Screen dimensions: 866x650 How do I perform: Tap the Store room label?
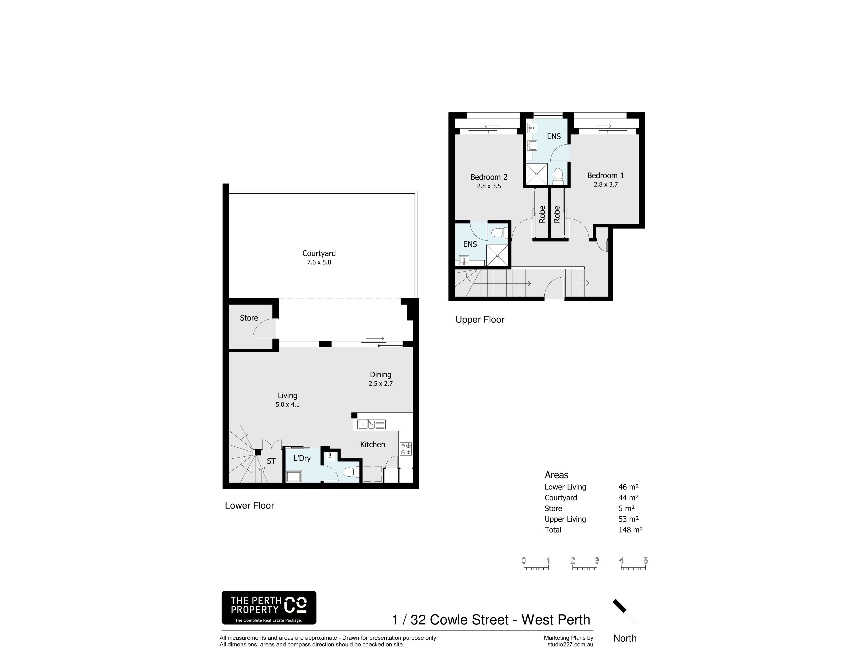click(x=249, y=318)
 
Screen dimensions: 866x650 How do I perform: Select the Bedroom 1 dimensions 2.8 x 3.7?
click(x=606, y=185)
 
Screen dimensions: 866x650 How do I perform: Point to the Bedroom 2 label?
click(x=489, y=177)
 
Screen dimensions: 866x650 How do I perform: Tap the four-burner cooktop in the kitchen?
click(x=405, y=449)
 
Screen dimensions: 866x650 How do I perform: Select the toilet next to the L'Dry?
click(x=351, y=472)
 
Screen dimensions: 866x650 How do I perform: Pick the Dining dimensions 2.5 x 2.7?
click(x=380, y=384)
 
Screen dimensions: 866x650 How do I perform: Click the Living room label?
click(x=288, y=396)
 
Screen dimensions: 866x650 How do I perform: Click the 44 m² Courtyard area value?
click(x=628, y=498)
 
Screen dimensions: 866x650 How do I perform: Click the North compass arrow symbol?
click(x=624, y=611)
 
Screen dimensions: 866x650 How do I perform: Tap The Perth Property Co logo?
click(x=269, y=608)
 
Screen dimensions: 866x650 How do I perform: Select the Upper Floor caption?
click(x=480, y=320)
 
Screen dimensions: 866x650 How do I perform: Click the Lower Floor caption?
click(x=249, y=505)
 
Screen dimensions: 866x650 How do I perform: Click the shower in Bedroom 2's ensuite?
click(x=497, y=255)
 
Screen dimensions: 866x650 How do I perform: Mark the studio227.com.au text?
click(x=570, y=645)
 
